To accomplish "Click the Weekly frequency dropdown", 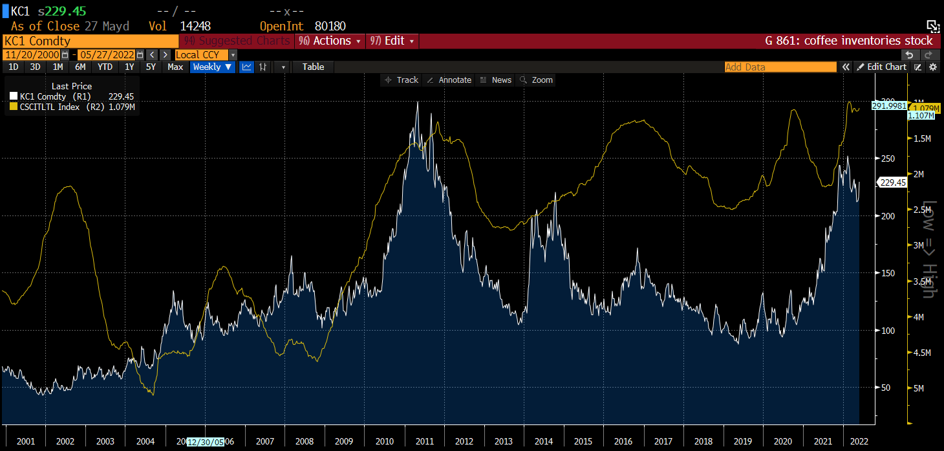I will coord(212,67).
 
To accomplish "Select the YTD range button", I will coord(105,67).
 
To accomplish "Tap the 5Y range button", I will coord(151,67).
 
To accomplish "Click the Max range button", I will coord(175,67).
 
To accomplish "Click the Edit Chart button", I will coord(881,67).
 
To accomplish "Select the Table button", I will coord(314,67).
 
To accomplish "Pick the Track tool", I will coord(402,80).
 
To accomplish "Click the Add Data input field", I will coord(780,67).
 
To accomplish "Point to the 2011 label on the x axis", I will coord(424,441).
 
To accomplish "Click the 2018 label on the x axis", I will coord(703,441).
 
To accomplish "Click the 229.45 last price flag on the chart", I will coord(893,182).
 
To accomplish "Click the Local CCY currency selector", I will coord(201,55).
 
